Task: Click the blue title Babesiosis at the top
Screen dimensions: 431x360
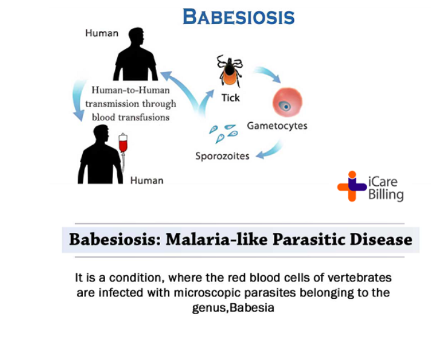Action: pos(239,17)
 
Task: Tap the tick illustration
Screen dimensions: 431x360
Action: pos(230,71)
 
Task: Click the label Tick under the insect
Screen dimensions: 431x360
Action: pos(231,97)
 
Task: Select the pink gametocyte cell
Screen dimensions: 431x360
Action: pos(287,102)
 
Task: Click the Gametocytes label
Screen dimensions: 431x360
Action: pos(277,126)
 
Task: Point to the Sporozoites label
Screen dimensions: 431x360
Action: pos(222,156)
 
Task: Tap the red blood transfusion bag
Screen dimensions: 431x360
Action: pos(123,143)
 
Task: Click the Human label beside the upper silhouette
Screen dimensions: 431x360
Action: pos(102,33)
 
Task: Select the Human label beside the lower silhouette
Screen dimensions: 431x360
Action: pos(147,180)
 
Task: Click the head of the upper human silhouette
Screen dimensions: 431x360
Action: pos(137,36)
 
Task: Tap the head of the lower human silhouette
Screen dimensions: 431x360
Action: pos(101,134)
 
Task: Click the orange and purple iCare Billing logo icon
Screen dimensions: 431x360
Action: pos(352,186)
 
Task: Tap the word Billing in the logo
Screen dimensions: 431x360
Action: pos(386,194)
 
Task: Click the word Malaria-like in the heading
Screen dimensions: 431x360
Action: pos(216,240)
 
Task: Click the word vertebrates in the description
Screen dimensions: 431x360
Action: pos(360,278)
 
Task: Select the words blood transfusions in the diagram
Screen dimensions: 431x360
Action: pos(131,117)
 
